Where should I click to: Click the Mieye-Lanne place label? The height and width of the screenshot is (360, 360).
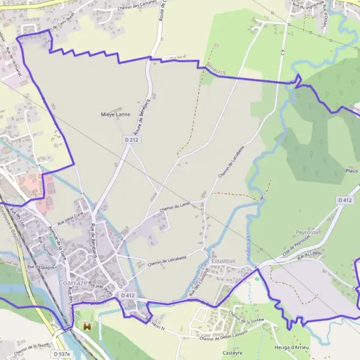(116, 113)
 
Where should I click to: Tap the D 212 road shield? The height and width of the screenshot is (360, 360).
(132, 140)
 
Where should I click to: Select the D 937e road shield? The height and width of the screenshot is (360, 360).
(61, 354)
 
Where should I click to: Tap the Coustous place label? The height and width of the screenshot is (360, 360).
(223, 261)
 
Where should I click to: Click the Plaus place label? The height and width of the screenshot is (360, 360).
(352, 171)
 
